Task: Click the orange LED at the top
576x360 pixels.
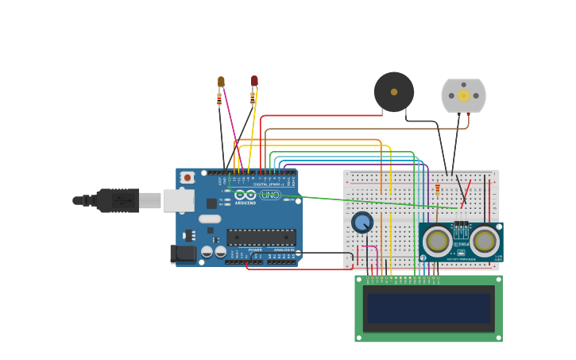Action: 221,82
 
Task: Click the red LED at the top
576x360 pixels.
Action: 254,81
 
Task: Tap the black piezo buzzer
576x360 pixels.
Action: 394,92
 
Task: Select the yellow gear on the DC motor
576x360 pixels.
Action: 463,95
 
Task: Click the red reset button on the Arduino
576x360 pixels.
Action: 187,177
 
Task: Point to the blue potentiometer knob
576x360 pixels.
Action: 362,223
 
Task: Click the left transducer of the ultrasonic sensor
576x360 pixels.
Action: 437,241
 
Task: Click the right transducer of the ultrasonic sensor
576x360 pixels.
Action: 484,241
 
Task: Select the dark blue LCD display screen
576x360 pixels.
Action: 428,308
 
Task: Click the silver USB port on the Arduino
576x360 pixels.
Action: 178,200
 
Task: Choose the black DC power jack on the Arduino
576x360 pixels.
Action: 183,254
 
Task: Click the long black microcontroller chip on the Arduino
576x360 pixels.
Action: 261,237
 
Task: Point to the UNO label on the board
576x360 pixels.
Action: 270,195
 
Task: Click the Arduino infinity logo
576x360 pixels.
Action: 245,195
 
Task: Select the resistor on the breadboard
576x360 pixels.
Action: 437,191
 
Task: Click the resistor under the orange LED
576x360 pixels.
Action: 219,99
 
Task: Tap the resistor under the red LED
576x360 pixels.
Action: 253,98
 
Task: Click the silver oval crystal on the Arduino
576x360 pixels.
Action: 210,219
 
